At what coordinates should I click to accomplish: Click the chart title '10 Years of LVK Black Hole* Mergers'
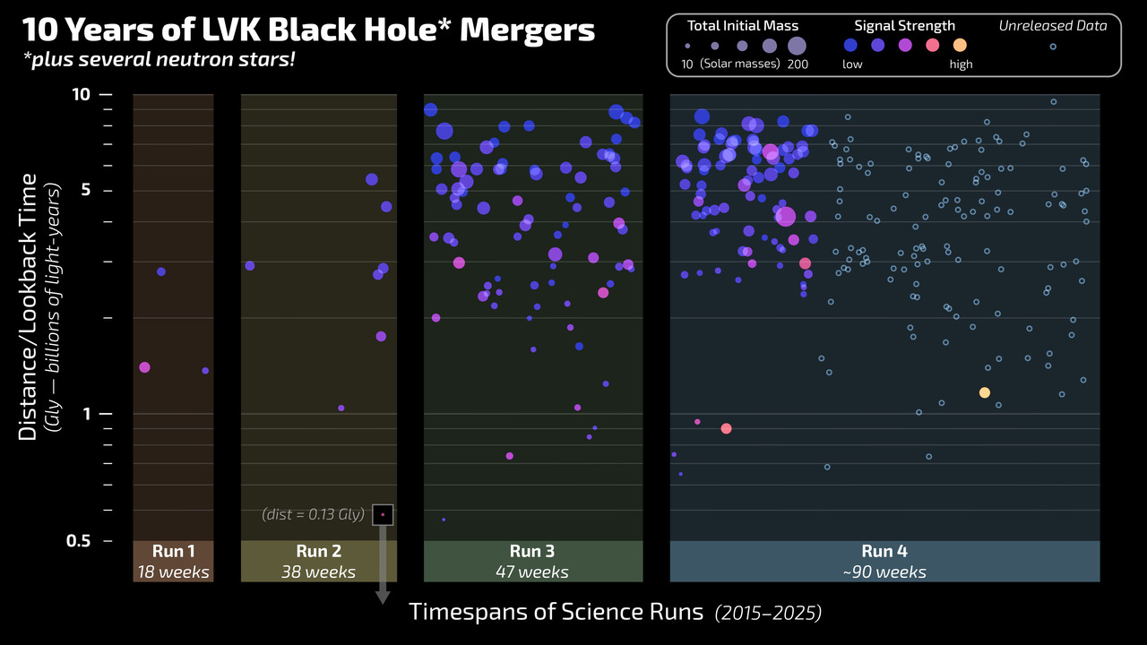pyautogui.click(x=308, y=30)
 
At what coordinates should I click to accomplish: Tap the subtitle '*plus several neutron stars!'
pyautogui.click(x=160, y=61)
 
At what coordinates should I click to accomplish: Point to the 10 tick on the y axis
pyautogui.click(x=81, y=94)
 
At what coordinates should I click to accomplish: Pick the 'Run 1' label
pyautogui.click(x=173, y=552)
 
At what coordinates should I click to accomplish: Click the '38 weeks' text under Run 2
pyautogui.click(x=317, y=572)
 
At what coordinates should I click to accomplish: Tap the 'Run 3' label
pyautogui.click(x=532, y=552)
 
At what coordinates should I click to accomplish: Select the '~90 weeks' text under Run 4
pyautogui.click(x=884, y=572)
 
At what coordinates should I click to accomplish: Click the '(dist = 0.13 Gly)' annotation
pyautogui.click(x=313, y=514)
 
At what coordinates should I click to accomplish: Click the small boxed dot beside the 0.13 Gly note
pyautogui.click(x=384, y=514)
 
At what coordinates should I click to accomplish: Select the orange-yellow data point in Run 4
pyautogui.click(x=985, y=392)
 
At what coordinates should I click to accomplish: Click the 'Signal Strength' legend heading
pyautogui.click(x=904, y=26)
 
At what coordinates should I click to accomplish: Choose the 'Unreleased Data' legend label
pyautogui.click(x=1053, y=26)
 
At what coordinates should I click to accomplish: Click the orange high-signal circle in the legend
pyautogui.click(x=960, y=46)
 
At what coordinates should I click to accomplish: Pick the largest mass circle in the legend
pyautogui.click(x=797, y=46)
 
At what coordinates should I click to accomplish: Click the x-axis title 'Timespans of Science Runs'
pyautogui.click(x=556, y=613)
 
